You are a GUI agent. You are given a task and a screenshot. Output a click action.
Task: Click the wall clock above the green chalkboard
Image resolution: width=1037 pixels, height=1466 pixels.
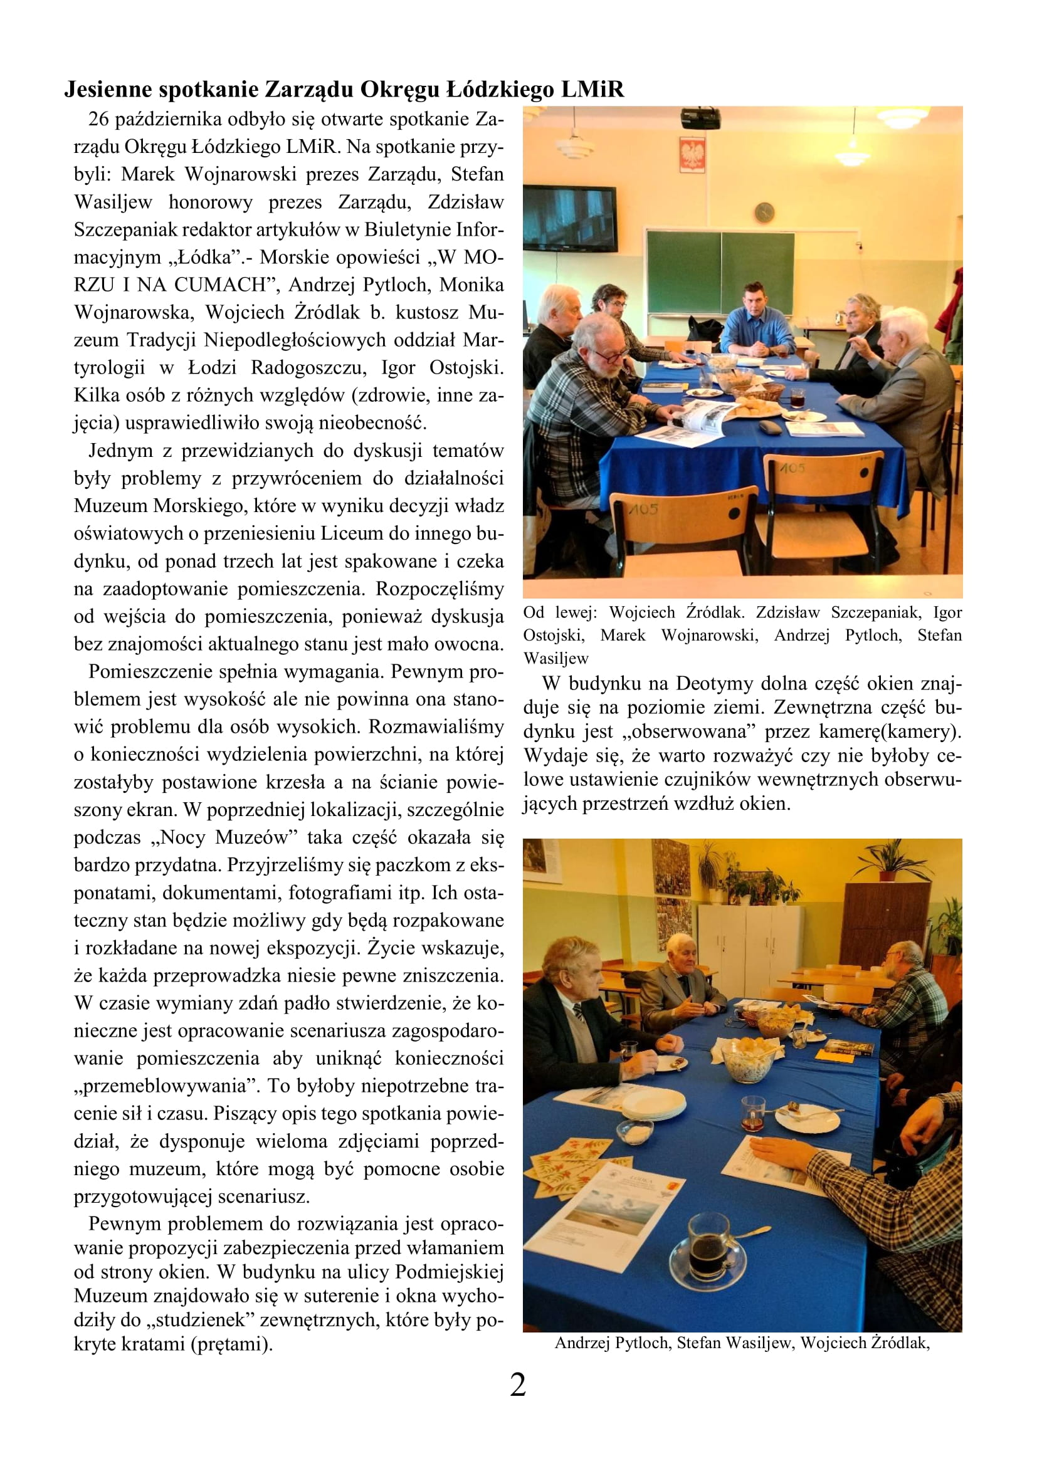764,211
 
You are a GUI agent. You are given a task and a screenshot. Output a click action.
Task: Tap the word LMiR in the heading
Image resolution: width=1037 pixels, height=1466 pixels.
592,90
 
